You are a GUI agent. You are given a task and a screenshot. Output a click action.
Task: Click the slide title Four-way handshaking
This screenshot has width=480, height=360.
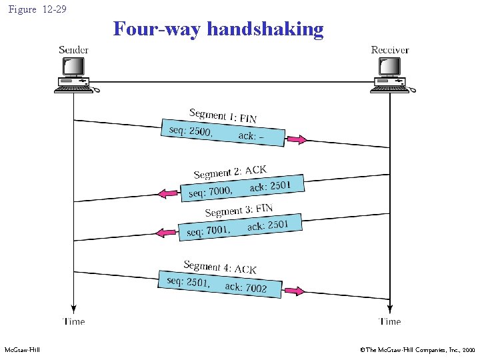tap(218, 29)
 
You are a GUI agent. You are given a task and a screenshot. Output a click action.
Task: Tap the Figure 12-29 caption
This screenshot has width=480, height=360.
tap(37, 9)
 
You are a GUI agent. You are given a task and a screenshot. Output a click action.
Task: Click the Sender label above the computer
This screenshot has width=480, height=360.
tap(73, 49)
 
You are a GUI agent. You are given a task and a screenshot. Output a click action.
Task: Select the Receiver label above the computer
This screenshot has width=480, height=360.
tap(390, 49)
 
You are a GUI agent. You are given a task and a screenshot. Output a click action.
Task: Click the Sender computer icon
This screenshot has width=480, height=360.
tap(73, 73)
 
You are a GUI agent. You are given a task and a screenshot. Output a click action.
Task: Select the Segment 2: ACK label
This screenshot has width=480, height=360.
tap(229, 172)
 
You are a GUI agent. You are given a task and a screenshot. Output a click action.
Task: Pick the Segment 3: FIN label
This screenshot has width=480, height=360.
tap(239, 211)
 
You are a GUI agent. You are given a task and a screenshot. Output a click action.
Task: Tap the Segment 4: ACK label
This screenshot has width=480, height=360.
tap(220, 267)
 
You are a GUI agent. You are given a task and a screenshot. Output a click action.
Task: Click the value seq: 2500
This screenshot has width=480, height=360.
tap(191, 131)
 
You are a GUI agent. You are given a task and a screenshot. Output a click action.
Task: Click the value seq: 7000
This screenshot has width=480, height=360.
tap(210, 192)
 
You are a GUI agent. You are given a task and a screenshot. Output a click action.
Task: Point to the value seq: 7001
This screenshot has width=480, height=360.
tap(207, 231)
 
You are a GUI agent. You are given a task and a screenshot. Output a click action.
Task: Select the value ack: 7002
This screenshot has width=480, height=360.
tap(245, 287)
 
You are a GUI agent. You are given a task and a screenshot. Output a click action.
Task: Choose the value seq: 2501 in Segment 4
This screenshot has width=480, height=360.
tap(189, 282)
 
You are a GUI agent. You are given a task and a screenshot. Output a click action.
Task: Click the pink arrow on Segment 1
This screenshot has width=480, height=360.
tap(297, 140)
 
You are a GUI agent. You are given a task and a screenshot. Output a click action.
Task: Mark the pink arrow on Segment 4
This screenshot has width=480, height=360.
tap(294, 291)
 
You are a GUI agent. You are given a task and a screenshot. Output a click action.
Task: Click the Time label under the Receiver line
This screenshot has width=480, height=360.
tap(390, 321)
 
